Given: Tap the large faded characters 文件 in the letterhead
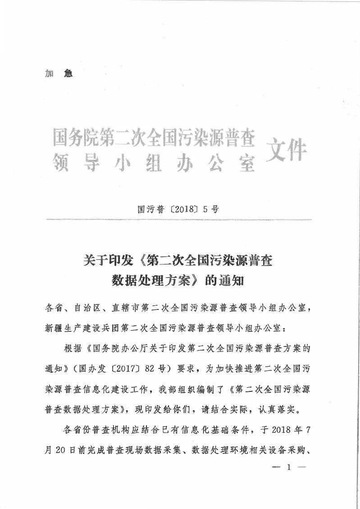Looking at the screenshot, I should pos(287,149).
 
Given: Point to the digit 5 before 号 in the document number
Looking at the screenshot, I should pos(202,209).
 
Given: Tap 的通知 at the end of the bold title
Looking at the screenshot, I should pos(224,281).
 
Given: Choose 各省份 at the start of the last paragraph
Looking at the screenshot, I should pos(82,429).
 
